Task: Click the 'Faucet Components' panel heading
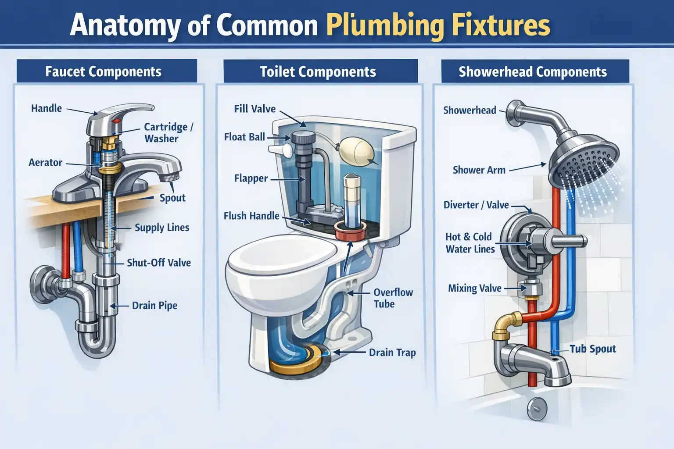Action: click(103, 71)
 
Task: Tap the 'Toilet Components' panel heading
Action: click(318, 71)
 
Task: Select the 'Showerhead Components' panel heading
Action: click(532, 71)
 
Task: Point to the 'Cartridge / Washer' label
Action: click(168, 132)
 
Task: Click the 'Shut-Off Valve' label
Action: click(158, 263)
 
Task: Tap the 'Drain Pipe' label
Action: click(154, 306)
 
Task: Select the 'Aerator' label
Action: click(45, 163)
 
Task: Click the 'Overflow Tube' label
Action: click(393, 298)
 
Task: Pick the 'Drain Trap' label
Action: click(392, 353)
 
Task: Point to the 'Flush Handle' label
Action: click(251, 216)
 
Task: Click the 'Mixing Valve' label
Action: click(474, 289)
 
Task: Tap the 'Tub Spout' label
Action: click(592, 349)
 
